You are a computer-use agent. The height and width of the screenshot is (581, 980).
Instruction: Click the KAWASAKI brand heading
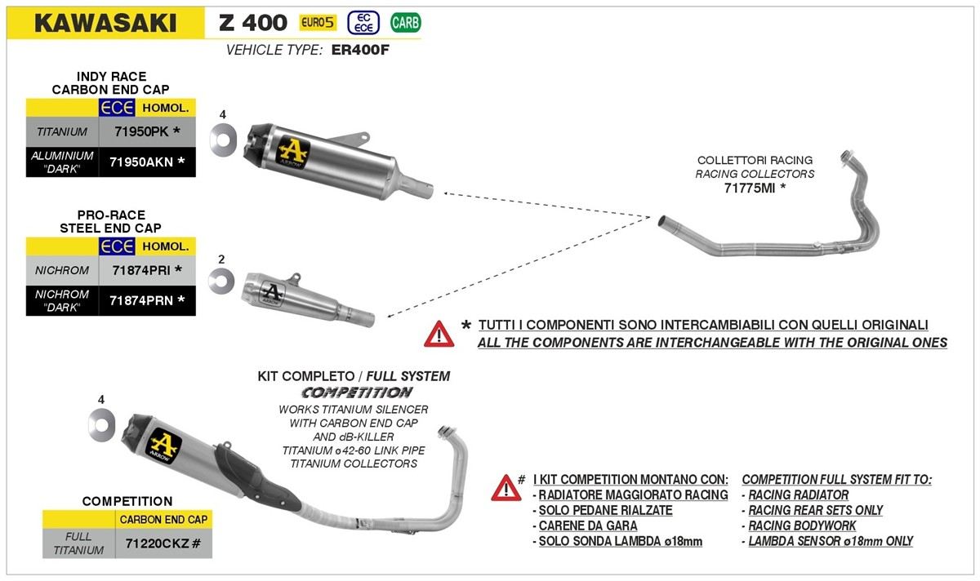pos(104,22)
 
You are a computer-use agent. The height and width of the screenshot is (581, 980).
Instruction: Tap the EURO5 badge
pos(317,22)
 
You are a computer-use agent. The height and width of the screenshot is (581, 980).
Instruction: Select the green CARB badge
pos(406,22)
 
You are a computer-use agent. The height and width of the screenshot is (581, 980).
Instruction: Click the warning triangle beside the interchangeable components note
pos(439,333)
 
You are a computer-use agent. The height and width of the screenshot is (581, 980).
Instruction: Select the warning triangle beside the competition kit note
pos(506,487)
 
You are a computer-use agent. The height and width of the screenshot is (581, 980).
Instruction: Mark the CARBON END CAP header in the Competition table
pos(163,519)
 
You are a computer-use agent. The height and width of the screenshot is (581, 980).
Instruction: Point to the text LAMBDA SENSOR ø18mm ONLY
pos(831,541)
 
